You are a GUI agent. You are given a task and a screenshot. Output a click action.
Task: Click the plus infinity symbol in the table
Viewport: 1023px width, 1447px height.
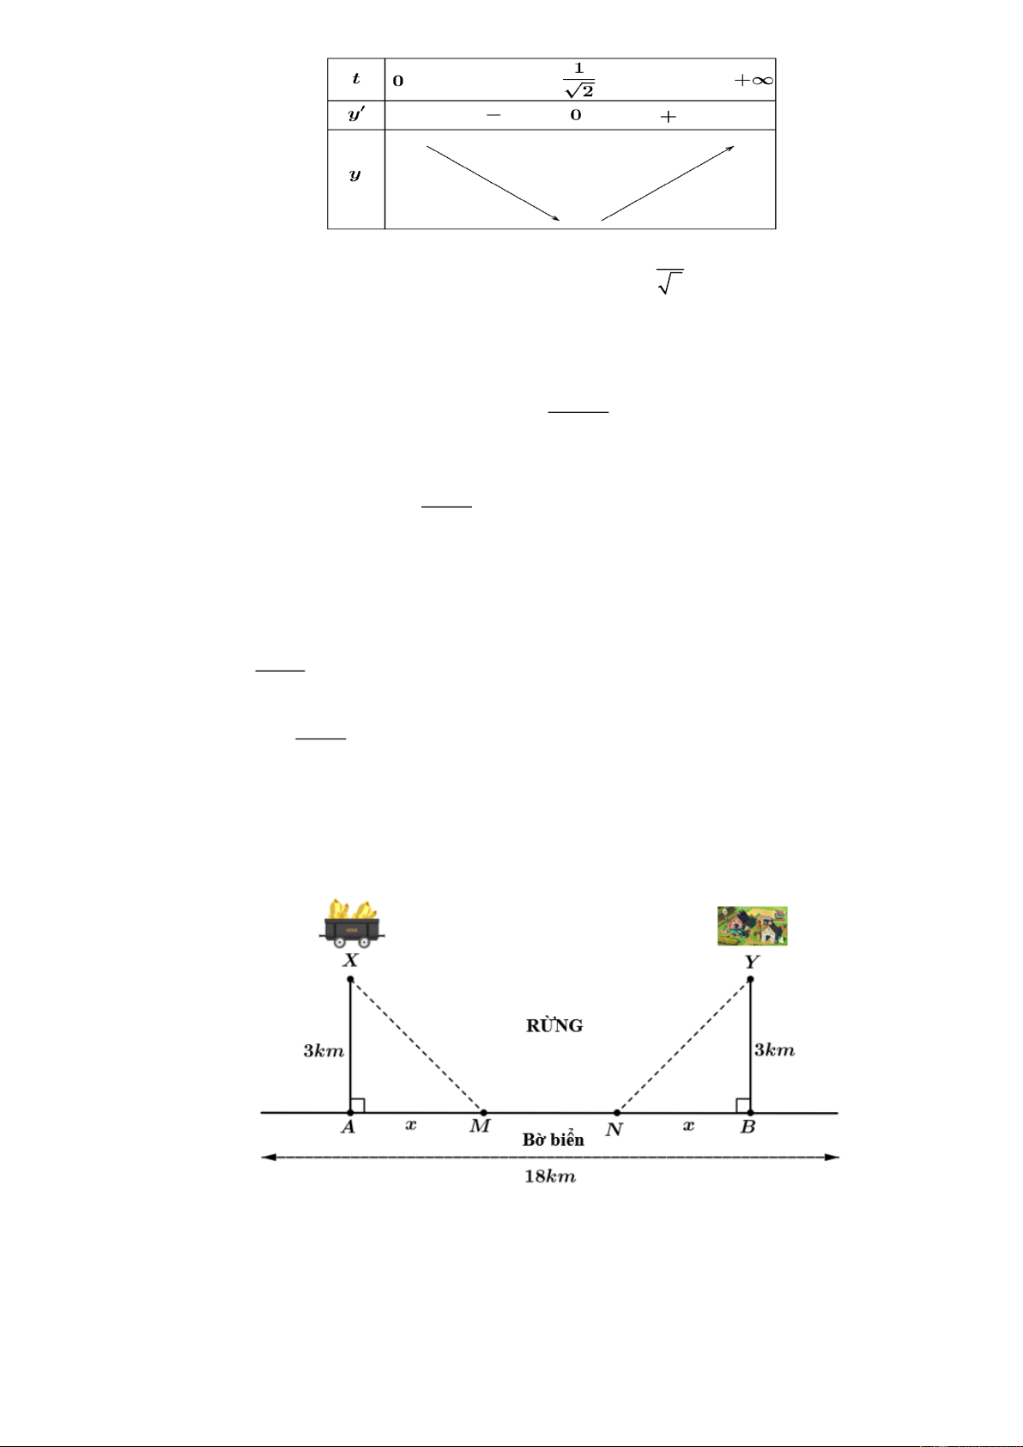[x=754, y=80]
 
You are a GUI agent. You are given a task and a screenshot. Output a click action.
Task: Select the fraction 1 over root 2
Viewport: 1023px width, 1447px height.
[x=579, y=80]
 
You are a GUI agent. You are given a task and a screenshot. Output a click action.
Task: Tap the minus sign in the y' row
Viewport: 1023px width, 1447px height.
[x=493, y=116]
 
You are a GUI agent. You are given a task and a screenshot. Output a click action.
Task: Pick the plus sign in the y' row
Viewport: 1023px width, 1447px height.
[x=668, y=116]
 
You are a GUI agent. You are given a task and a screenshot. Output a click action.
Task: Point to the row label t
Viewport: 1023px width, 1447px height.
[x=355, y=79]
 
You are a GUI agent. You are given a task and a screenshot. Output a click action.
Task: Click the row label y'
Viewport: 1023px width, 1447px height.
[x=356, y=114]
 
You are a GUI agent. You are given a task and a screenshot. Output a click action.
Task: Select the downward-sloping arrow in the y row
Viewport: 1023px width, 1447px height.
[x=493, y=184]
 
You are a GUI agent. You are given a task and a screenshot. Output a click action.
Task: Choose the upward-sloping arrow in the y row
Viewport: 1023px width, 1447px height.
[x=668, y=184]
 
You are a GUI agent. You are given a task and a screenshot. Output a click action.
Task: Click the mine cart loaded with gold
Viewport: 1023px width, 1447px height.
[x=351, y=923]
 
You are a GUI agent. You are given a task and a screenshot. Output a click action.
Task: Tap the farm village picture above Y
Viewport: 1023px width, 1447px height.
[x=753, y=926]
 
